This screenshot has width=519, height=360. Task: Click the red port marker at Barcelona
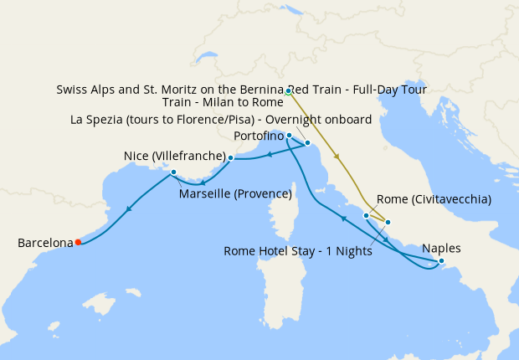click(78, 242)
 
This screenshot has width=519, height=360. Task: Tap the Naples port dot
click(442, 261)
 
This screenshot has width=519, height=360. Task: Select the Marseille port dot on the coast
click(172, 172)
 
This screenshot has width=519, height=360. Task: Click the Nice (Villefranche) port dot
click(230, 157)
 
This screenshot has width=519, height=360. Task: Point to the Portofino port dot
click(289, 135)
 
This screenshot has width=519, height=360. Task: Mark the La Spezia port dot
click(308, 143)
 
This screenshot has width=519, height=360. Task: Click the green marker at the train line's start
click(287, 91)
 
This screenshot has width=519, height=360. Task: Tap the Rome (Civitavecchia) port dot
click(366, 215)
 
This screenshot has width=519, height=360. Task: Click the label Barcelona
click(45, 243)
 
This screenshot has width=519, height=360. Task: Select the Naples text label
click(441, 248)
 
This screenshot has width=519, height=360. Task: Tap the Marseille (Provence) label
click(235, 194)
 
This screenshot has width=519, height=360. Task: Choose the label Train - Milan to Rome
click(223, 102)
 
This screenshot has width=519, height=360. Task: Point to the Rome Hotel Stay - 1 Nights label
click(298, 251)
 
